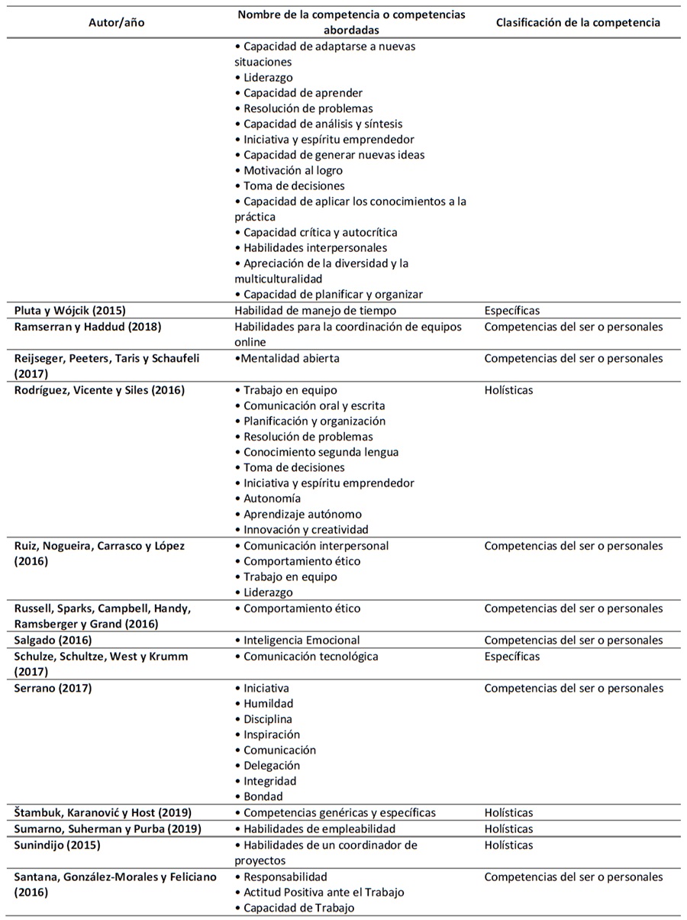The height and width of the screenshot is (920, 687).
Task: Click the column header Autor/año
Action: click(x=116, y=22)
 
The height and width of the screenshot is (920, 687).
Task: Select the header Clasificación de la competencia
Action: click(x=578, y=22)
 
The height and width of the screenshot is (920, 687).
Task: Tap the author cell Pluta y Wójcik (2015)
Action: click(x=70, y=311)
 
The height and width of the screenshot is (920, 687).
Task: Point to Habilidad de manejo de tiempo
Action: click(x=315, y=311)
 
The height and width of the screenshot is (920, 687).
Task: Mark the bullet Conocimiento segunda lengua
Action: click(x=321, y=452)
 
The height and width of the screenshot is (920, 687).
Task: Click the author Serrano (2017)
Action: click(x=53, y=688)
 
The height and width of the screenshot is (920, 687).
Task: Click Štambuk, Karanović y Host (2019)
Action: click(x=103, y=812)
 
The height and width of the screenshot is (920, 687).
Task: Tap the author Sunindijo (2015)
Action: click(x=57, y=844)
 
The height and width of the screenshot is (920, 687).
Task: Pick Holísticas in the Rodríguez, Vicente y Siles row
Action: click(x=508, y=390)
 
